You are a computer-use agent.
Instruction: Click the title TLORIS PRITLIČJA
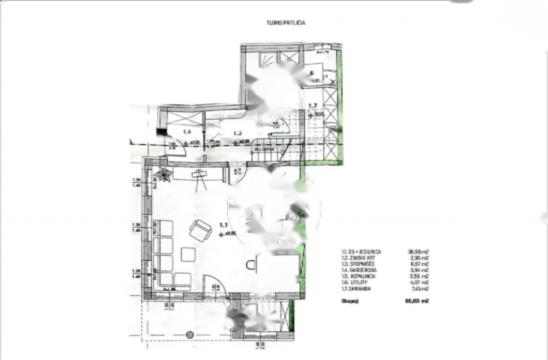click(x=286, y=23)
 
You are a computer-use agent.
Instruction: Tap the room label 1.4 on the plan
click(x=187, y=132)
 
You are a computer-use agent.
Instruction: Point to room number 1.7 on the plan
click(x=313, y=105)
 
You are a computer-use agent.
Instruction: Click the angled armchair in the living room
click(x=200, y=230)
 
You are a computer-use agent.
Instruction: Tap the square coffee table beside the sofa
click(x=188, y=254)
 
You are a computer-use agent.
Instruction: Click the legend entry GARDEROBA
click(x=357, y=270)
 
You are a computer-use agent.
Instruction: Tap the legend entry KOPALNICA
click(x=358, y=276)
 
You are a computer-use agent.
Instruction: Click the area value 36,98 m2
click(x=418, y=252)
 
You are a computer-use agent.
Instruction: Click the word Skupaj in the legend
click(x=350, y=301)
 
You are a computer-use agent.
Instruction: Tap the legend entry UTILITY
click(x=355, y=283)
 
